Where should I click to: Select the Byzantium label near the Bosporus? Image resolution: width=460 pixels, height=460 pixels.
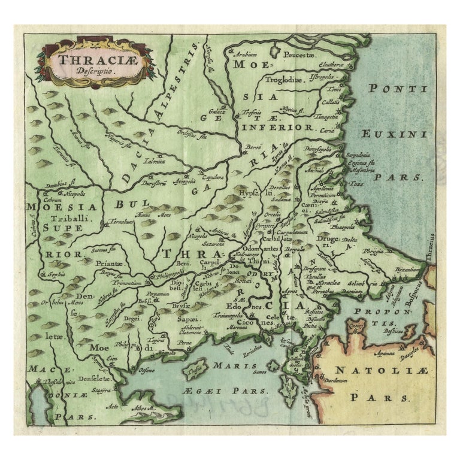pyautogui.click(x=408, y=271)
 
